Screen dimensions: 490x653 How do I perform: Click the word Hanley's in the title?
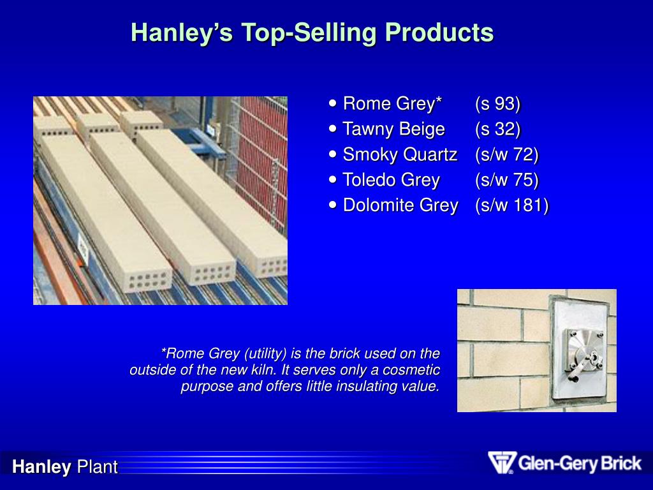[x=182, y=33]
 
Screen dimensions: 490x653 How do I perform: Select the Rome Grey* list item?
[x=392, y=103]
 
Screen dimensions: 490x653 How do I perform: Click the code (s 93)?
[x=498, y=103]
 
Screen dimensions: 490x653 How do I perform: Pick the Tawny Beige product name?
[x=393, y=129]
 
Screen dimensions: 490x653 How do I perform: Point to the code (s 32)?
[x=498, y=129]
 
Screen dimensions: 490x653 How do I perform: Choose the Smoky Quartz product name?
[x=400, y=154]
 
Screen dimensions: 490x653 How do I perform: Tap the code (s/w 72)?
[x=507, y=154]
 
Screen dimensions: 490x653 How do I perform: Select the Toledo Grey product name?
[x=391, y=180]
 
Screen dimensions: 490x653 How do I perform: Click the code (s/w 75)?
[x=507, y=180]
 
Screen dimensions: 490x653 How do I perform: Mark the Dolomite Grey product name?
[x=400, y=205]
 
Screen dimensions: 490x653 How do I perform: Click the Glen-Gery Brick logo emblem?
[x=501, y=463]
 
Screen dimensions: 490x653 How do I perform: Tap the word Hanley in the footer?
[x=41, y=467]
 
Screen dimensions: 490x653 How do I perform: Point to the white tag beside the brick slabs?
[x=82, y=246]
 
